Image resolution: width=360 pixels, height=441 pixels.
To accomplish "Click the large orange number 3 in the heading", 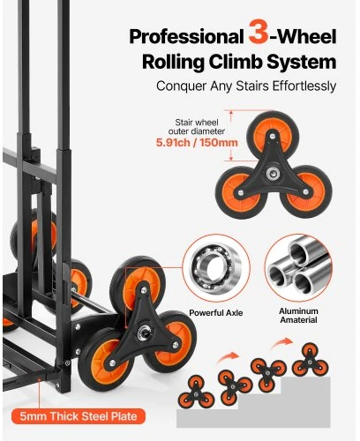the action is [259, 32].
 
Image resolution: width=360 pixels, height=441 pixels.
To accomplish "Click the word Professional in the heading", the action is [187, 37].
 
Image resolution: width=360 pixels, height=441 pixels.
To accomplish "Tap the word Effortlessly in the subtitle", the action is [304, 86].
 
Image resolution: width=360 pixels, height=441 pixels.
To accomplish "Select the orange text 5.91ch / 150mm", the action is [197, 143].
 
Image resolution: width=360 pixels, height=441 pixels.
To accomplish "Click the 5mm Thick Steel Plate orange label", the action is [79, 416].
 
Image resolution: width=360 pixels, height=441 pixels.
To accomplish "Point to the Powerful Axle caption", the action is [216, 313].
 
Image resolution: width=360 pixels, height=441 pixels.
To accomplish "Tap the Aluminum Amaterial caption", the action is [298, 316].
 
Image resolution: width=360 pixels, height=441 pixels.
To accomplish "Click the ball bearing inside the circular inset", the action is [216, 268].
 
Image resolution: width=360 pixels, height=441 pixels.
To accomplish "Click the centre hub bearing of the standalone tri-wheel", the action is [273, 174].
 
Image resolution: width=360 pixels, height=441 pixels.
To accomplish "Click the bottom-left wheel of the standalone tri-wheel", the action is [240, 192].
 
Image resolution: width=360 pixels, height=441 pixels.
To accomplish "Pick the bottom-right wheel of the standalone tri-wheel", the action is [306, 191].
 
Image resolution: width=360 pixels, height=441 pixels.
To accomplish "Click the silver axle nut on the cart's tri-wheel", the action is [143, 333].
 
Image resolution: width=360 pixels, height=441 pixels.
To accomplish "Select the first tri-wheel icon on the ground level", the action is [196, 392].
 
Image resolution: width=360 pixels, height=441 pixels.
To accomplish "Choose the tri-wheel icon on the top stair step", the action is [311, 360].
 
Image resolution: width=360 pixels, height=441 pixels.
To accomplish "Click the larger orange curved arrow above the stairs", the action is [281, 343].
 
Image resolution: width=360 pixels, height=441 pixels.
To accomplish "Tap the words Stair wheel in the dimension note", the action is [197, 123].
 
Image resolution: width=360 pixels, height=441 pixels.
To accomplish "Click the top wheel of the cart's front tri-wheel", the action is [136, 283].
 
